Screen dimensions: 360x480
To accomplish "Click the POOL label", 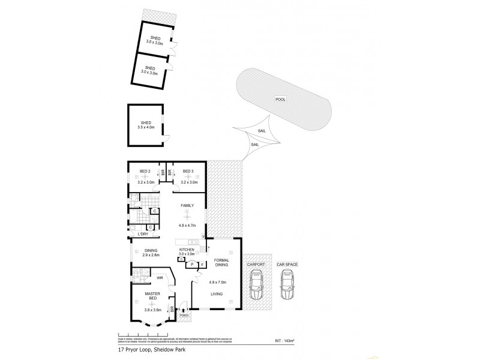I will [x=281, y=100].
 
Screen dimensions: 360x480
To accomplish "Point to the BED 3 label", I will [x=188, y=171].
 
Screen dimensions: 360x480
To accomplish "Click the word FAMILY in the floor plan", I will [x=188, y=205].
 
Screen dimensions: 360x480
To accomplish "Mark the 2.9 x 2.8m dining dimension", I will [x=148, y=255].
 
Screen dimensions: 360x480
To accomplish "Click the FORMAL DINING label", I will [x=222, y=265].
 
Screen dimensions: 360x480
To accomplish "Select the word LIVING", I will [x=217, y=294].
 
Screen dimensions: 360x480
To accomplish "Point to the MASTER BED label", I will [x=151, y=296].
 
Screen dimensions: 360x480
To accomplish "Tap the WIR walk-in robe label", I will [x=160, y=278].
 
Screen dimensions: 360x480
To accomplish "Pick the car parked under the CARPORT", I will [x=256, y=285].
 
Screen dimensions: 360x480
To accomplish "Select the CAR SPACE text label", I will [x=287, y=264].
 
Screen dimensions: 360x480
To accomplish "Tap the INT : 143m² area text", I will [x=284, y=341].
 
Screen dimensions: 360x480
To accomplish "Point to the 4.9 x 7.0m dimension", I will [x=217, y=282].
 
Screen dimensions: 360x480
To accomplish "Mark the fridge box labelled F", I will [x=202, y=264].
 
